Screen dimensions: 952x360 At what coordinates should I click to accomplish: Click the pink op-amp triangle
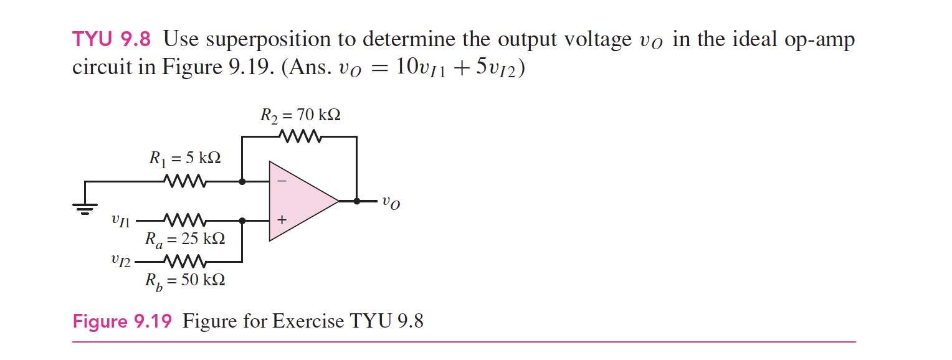(x=299, y=201)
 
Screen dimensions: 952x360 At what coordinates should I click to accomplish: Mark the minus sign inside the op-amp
(x=282, y=182)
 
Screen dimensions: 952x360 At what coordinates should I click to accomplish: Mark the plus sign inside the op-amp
(x=282, y=220)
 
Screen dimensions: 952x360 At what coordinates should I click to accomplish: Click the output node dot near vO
(x=356, y=201)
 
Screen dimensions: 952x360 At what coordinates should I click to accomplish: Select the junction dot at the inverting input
(x=242, y=182)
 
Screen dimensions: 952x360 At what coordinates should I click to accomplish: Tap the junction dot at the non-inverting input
(x=242, y=220)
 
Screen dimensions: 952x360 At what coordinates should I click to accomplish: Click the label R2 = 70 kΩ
(x=300, y=116)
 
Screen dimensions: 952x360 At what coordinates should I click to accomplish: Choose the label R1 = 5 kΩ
(x=184, y=158)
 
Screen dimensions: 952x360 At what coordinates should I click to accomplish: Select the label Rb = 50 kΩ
(x=184, y=280)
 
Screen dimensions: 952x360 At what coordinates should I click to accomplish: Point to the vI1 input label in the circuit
(x=120, y=220)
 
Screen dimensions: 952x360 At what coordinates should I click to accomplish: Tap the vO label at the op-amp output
(x=391, y=202)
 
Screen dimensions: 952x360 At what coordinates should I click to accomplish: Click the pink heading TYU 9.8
(x=112, y=39)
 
